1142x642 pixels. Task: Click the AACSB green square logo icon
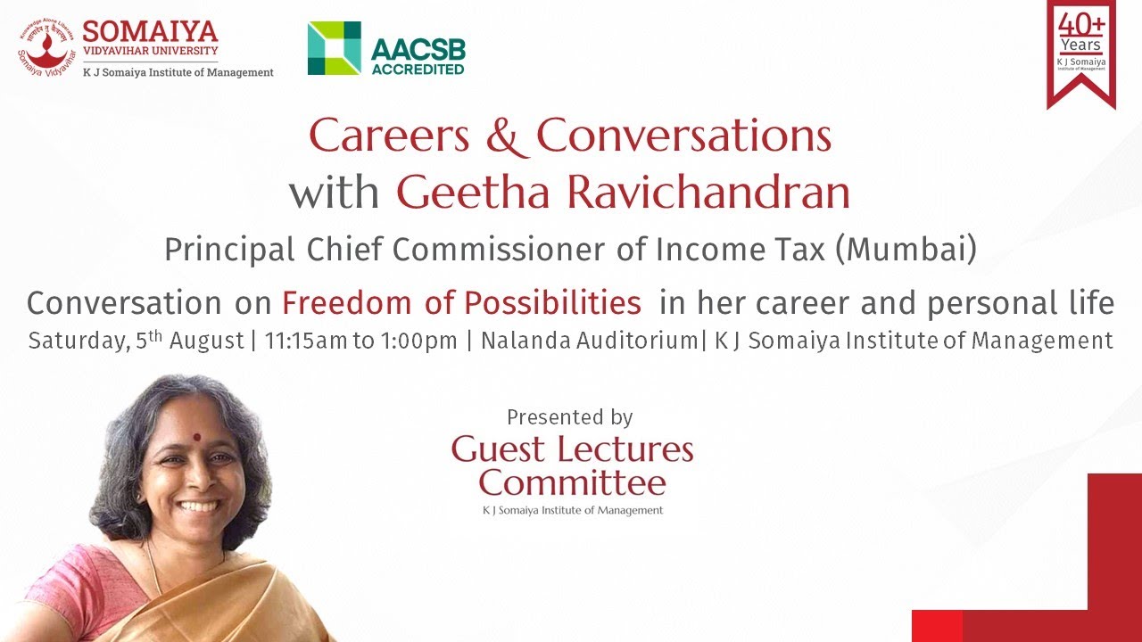click(x=334, y=48)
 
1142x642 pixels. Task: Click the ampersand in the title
click(x=506, y=136)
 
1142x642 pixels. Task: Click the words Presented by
click(x=569, y=416)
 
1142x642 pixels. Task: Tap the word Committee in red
click(x=572, y=483)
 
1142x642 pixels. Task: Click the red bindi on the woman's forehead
click(x=196, y=437)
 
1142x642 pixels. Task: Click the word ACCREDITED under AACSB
click(x=418, y=69)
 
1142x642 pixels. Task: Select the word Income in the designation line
click(x=700, y=251)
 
